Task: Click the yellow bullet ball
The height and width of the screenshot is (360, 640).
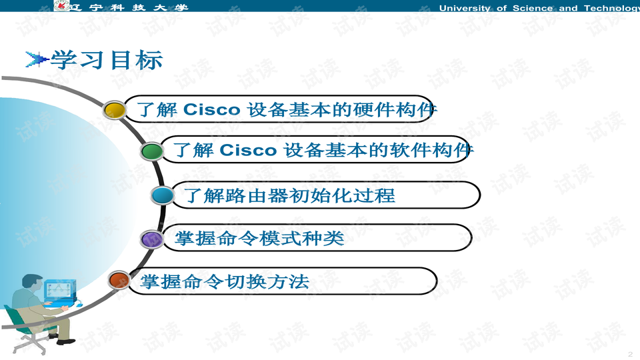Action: pyautogui.click(x=114, y=110)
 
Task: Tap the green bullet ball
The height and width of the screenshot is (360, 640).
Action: pyautogui.click(x=152, y=151)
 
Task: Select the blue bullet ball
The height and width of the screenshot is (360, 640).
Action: pyautogui.click(x=163, y=195)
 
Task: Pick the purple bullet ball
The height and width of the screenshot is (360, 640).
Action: pyautogui.click(x=152, y=239)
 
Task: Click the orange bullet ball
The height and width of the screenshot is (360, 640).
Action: pyautogui.click(x=119, y=281)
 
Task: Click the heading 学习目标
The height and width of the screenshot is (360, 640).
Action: pyautogui.click(x=107, y=60)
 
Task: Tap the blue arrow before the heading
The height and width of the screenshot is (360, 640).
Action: pyautogui.click(x=37, y=59)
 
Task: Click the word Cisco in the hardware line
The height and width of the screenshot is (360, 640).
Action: pyautogui.click(x=211, y=109)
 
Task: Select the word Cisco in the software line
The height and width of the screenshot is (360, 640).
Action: pyautogui.click(x=248, y=150)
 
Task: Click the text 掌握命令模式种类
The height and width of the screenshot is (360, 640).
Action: pyautogui.click(x=259, y=239)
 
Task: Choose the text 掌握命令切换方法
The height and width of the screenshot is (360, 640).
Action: pyautogui.click(x=225, y=281)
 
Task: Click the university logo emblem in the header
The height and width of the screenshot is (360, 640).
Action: pyautogui.click(x=61, y=5)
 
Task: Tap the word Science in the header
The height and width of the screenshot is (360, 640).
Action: pyautogui.click(x=533, y=8)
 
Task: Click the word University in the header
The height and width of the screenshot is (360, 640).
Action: pyautogui.click(x=465, y=8)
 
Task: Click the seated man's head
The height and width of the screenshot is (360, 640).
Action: pyautogui.click(x=32, y=283)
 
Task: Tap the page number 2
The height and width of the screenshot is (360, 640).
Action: pyautogui.click(x=631, y=353)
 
